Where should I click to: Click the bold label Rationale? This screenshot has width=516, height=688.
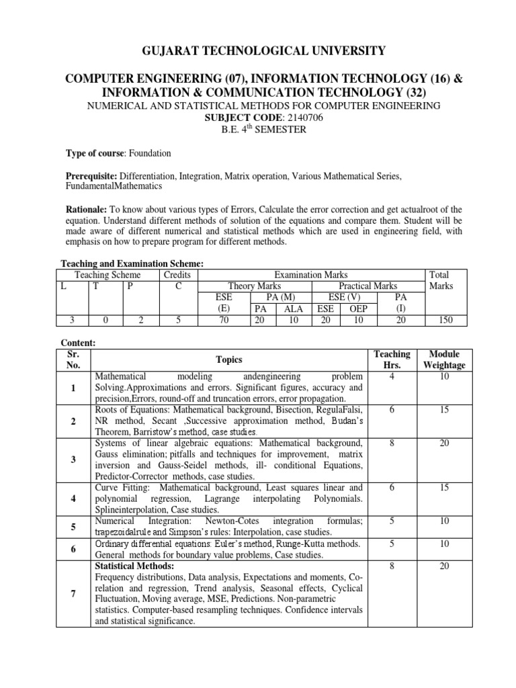[86, 209]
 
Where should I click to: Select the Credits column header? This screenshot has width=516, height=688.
[177, 275]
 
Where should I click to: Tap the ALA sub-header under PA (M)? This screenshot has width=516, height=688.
[293, 309]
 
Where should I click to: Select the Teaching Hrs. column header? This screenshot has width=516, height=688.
[391, 359]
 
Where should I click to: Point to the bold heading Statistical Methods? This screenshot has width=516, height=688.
[135, 566]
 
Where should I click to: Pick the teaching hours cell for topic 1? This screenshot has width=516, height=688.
[391, 376]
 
